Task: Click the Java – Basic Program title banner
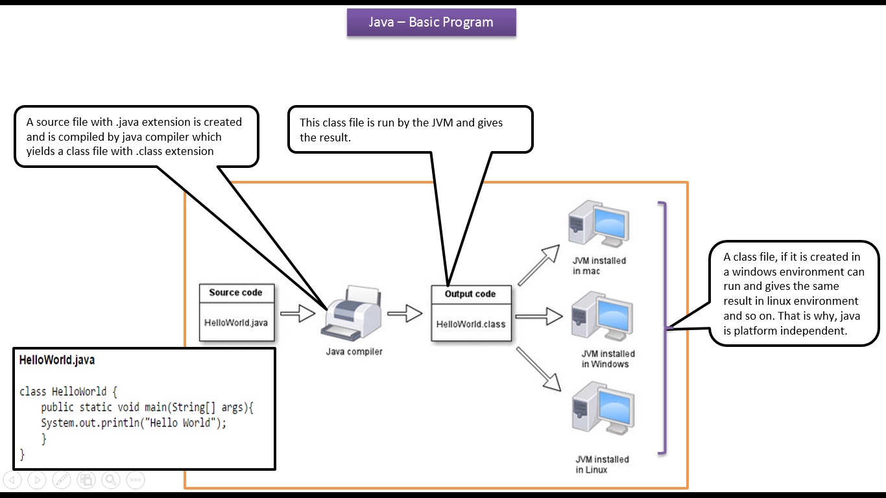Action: point(431,22)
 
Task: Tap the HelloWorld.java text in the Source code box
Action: point(235,322)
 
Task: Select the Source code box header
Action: point(235,292)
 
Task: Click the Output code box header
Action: point(470,294)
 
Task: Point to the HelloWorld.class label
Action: point(471,324)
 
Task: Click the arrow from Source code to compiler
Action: point(297,314)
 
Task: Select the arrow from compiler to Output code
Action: point(405,314)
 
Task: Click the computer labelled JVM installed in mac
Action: point(597,223)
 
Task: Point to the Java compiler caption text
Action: point(354,351)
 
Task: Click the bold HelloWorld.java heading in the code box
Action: point(57,360)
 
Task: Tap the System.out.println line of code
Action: point(134,423)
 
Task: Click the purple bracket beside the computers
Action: point(663,327)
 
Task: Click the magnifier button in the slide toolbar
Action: point(111,480)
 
